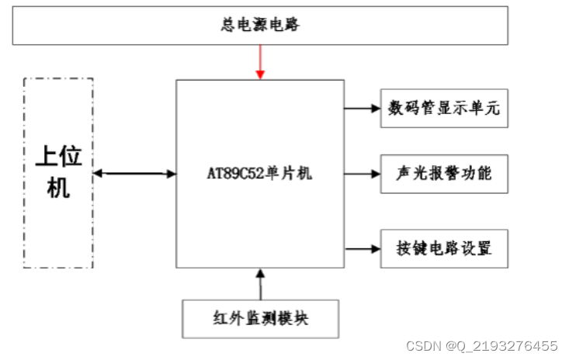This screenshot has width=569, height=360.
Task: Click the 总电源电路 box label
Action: [260, 26]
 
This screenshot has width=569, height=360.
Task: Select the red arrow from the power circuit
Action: [260, 61]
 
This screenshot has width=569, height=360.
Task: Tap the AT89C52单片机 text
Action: [260, 174]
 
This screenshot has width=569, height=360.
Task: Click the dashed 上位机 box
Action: [58, 172]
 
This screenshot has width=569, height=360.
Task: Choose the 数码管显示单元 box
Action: [444, 108]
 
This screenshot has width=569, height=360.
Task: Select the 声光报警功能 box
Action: [444, 174]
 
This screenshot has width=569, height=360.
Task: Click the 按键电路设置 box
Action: [444, 249]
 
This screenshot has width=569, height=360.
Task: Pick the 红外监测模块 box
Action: [260, 318]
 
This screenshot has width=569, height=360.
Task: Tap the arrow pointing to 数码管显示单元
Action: [363, 108]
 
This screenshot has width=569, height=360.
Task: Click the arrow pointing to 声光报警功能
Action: [363, 174]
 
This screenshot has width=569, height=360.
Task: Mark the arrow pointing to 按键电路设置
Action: [363, 249]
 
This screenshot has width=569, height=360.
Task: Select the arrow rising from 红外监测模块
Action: [260, 284]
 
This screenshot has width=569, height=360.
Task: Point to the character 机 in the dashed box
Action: [58, 188]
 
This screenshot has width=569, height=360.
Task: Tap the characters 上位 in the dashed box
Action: [59, 157]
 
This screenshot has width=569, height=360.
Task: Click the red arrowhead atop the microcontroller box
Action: [260, 74]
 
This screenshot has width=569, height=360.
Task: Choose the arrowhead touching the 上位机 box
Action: [99, 173]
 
